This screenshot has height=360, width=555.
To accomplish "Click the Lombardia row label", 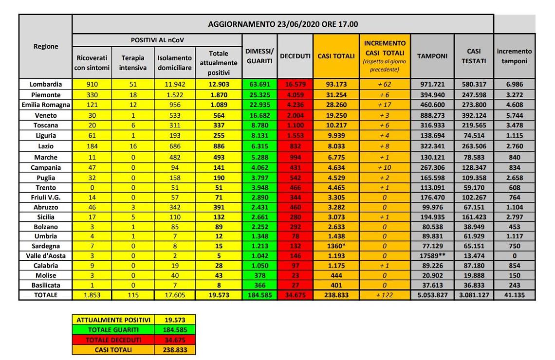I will pos(45,84).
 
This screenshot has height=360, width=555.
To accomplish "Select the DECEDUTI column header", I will pos(295,56).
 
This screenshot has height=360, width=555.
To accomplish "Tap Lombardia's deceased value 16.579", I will pos(295,84).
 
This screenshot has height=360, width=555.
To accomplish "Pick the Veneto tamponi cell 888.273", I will pos(432,115).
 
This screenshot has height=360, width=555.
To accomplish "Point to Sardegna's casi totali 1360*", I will pos(336,245).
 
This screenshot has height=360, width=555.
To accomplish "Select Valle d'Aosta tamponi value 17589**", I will pos(432,255).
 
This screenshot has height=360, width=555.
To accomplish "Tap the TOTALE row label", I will pos(45,295).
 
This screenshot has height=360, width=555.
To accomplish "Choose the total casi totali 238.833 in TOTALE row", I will pos(336,295).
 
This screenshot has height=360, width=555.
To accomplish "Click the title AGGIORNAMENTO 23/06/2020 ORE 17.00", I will pos(283,24).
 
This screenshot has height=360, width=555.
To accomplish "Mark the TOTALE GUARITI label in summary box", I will pos(113,329).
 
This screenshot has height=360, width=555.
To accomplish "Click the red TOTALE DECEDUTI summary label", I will pos(113,340).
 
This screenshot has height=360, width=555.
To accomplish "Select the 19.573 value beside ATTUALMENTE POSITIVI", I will pos(174,320).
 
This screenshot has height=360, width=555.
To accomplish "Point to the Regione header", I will pos(45,46).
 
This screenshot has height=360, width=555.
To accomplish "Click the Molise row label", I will pos(45,275).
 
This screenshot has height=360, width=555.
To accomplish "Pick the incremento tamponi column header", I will pos(514,56).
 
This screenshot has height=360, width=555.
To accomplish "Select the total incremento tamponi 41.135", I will pos(514,295).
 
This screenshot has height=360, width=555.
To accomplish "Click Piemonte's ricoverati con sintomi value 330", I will pos(92,94).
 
